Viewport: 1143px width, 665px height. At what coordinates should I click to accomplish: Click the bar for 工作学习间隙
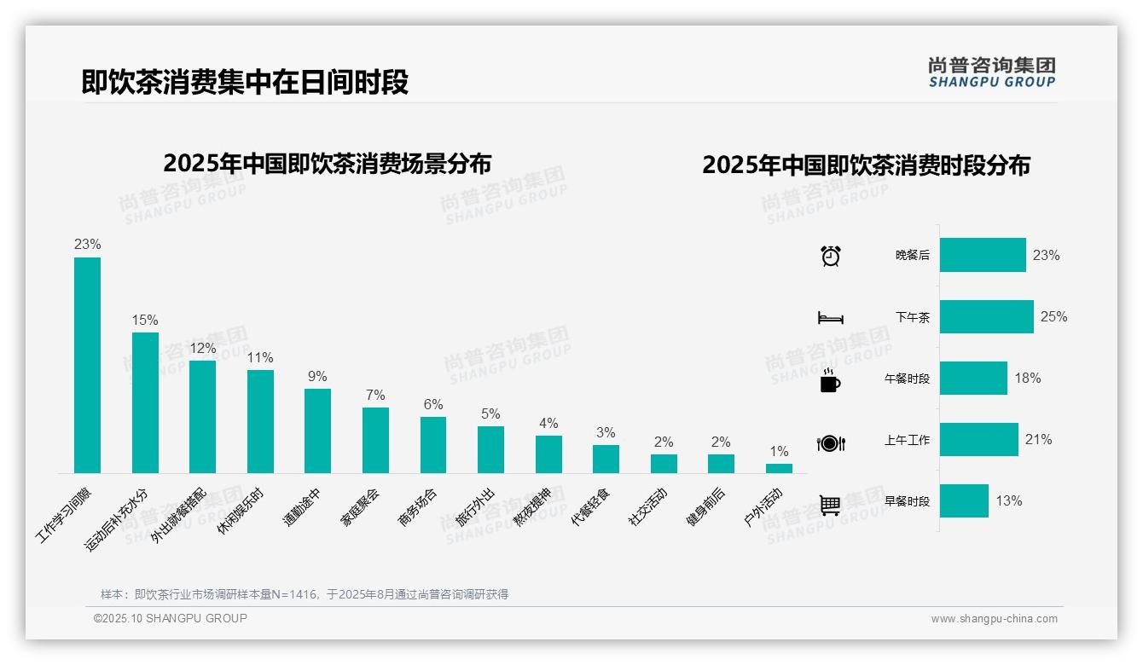click(x=87, y=365)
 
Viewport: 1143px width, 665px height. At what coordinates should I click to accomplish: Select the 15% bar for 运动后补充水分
click(x=145, y=402)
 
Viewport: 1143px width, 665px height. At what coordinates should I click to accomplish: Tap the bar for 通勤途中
click(x=317, y=431)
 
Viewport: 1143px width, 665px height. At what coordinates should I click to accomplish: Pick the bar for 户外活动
click(x=779, y=468)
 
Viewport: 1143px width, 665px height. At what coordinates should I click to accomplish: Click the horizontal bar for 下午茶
click(x=986, y=316)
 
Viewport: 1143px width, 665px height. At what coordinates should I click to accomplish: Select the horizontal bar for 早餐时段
click(x=964, y=500)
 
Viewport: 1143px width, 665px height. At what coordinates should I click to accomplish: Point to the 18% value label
click(x=1027, y=378)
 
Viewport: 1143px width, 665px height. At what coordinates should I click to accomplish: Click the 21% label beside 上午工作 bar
click(x=1038, y=439)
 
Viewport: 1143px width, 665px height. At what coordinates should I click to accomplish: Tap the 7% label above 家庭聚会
click(x=375, y=395)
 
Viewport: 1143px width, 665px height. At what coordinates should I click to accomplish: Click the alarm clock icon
click(x=831, y=256)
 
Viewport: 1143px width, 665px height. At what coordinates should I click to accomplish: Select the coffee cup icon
click(x=830, y=380)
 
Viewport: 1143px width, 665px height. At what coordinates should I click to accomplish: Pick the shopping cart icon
click(x=830, y=505)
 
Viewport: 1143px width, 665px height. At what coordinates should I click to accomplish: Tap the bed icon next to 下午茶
click(x=830, y=318)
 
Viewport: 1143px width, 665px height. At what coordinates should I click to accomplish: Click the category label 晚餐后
click(x=912, y=255)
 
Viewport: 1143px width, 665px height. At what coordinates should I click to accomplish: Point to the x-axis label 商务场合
click(x=418, y=506)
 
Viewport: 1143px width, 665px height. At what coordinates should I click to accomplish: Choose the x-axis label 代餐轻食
click(x=590, y=506)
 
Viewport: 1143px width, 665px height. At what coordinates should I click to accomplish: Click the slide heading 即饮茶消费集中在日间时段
click(x=245, y=81)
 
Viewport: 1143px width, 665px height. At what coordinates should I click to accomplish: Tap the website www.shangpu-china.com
click(x=994, y=619)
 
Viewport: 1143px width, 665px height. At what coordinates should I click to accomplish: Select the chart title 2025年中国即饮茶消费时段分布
click(x=866, y=165)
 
